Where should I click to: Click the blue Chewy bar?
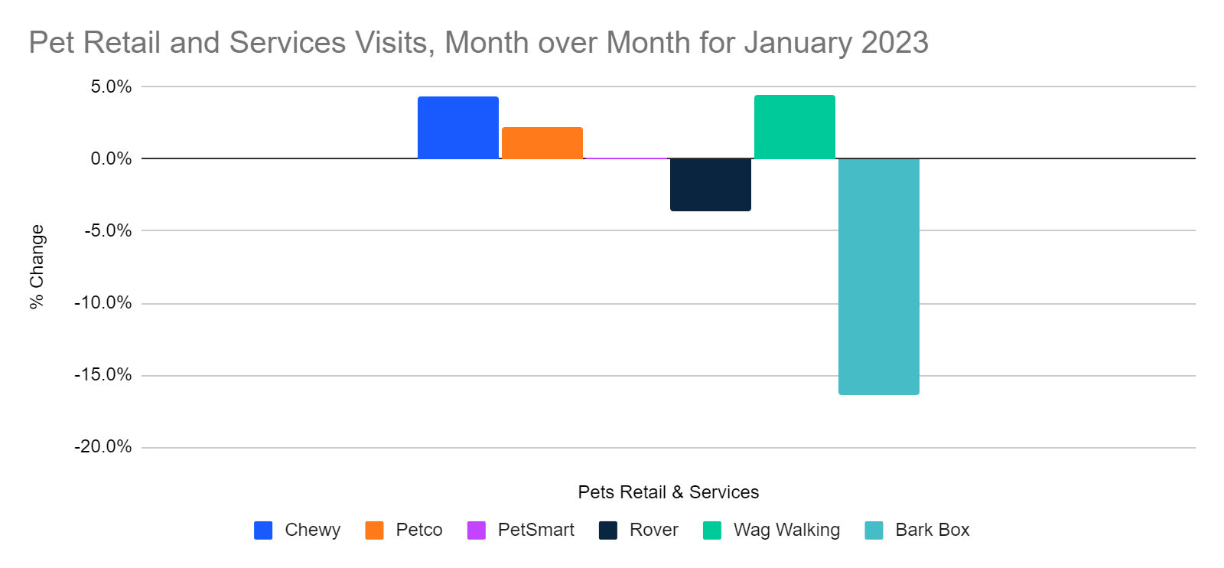[x=457, y=128]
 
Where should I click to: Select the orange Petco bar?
[x=542, y=143]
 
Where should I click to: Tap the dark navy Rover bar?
[x=710, y=184]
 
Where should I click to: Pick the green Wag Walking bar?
[x=794, y=127]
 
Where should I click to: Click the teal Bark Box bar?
[x=878, y=276]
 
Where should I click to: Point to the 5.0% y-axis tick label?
[x=111, y=87]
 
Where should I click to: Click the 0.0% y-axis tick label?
[x=111, y=158]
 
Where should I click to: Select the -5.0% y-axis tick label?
[x=108, y=230]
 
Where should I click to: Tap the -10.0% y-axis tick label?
[x=103, y=303]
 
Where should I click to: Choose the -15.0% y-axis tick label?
[x=103, y=375]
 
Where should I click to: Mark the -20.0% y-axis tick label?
[x=103, y=447]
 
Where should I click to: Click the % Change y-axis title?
[x=37, y=266]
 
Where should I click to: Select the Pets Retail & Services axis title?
[x=668, y=492]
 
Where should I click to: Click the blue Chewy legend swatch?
[x=263, y=530]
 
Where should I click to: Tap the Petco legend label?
[x=418, y=530]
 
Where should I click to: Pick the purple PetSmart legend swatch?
[x=477, y=530]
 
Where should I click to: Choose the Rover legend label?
[x=653, y=530]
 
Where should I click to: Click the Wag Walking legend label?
[x=786, y=530]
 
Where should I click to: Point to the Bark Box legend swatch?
[x=874, y=530]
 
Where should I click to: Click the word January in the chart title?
[x=799, y=43]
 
